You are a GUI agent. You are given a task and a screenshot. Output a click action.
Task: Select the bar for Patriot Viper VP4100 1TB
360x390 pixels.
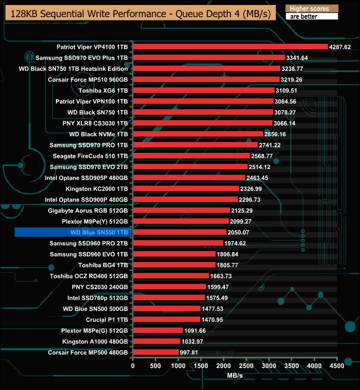coord(230,47)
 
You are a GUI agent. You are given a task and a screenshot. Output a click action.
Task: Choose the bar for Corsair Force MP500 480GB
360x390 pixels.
coord(156,352)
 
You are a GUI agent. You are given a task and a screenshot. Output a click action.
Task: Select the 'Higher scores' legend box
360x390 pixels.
coord(311,8)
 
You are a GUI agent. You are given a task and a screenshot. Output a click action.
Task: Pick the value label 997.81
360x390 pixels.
coord(191,352)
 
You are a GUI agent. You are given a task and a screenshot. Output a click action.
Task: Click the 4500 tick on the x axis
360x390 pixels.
coord(337,366)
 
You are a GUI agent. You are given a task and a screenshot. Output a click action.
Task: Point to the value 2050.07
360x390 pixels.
coord(239,232)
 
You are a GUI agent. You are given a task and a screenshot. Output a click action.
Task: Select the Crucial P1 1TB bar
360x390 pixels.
coord(166,320)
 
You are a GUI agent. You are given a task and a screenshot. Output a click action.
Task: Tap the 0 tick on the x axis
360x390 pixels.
coord(133,366)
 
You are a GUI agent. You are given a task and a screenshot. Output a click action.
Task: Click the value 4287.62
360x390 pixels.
coord(340,47)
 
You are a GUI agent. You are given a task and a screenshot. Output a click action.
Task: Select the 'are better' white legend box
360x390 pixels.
coord(311,17)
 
